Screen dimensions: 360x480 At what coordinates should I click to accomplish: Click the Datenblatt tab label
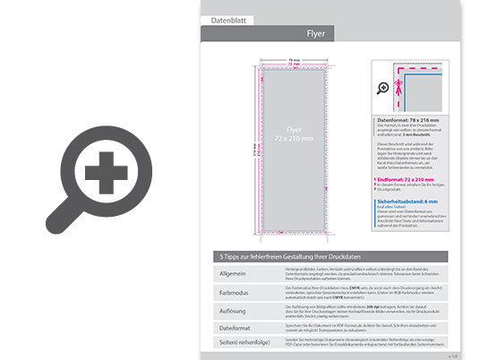point(227,19)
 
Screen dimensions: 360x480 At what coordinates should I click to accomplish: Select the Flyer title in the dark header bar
point(316,34)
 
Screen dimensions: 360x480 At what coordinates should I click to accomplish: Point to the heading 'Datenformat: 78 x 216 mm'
point(408,119)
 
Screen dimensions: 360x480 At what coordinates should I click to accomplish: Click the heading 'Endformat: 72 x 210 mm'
point(407,180)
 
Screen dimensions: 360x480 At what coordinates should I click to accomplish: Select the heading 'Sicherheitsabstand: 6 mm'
point(409,203)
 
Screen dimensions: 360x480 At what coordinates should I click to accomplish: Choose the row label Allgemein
point(232,272)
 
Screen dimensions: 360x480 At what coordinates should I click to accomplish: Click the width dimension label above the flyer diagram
point(292,62)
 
